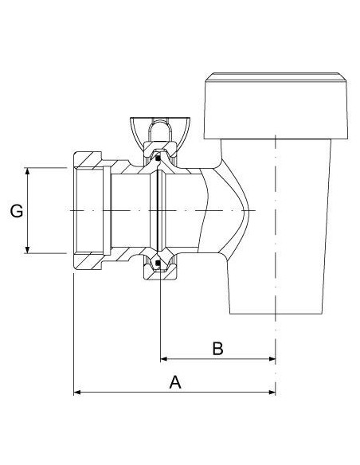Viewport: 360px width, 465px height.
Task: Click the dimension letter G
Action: [15, 211]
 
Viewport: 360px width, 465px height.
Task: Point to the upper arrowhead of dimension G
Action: [28, 172]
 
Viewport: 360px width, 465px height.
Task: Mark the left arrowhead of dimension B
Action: [165, 359]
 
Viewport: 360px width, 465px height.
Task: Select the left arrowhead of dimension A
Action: [78, 392]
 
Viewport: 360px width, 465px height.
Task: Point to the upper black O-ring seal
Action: [158, 158]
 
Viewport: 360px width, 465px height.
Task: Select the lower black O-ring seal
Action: [158, 262]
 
